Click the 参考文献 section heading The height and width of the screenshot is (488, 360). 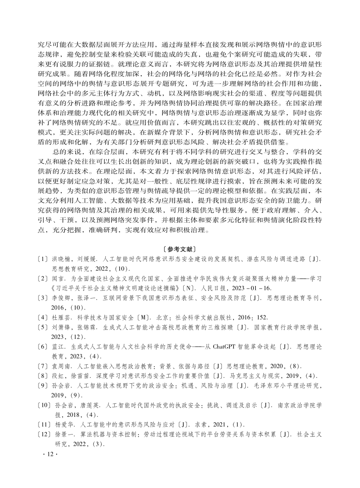coord(180,248)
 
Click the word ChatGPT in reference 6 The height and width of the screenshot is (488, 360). coord(226,346)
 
